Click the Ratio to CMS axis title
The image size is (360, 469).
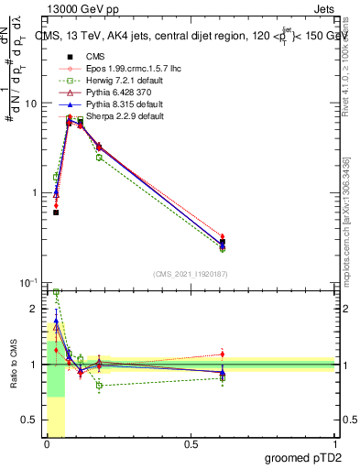pyautogui.click(x=14, y=365)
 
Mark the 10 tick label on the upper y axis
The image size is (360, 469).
pyautogui.click(x=28, y=104)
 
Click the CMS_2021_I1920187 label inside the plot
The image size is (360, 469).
pyautogui.click(x=190, y=274)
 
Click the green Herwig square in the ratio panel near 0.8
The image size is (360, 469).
pyautogui.click(x=99, y=386)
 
